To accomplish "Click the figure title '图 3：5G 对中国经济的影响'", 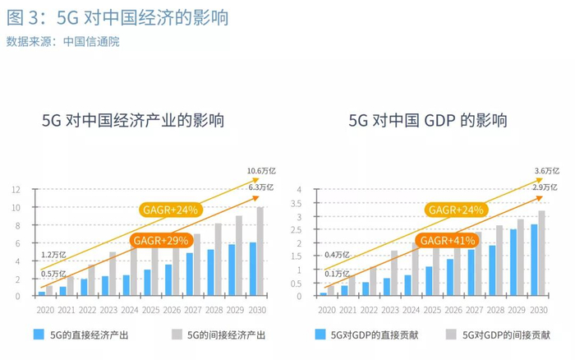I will tap(116, 17).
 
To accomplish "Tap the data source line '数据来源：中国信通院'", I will tap(62, 42).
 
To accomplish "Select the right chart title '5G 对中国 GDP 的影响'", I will tap(427, 120).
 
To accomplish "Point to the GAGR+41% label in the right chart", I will tap(449, 240).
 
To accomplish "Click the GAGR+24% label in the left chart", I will tap(171, 210).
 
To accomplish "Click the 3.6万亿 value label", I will tap(546, 171).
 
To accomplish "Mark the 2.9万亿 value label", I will tap(546, 187).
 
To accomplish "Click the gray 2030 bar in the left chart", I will tap(261, 252).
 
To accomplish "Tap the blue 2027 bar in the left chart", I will tap(189, 275).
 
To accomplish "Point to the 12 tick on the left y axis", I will tap(16, 189).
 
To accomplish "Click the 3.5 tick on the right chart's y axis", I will tap(299, 203).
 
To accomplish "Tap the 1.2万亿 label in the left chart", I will tap(53, 256).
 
